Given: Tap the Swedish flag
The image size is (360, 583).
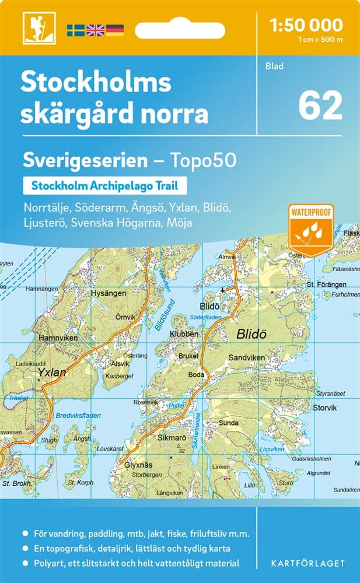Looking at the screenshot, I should (x=75, y=30).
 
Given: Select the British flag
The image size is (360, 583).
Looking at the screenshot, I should (x=95, y=30).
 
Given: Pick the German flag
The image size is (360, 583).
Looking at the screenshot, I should (x=115, y=30).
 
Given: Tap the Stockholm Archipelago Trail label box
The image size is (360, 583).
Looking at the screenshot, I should (x=104, y=187).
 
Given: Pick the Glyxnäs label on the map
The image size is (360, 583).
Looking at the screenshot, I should (x=139, y=465).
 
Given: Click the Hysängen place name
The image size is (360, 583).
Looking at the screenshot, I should (x=108, y=294).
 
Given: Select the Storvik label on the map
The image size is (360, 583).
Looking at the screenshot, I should (x=324, y=408).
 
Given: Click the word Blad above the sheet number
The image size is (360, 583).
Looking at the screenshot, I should (x=274, y=66).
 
